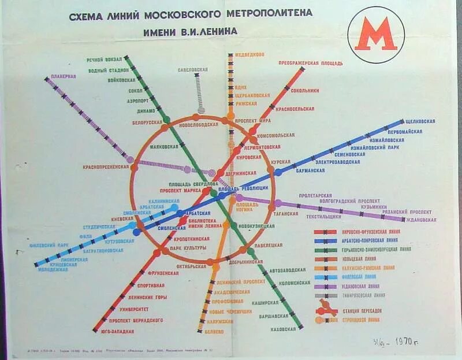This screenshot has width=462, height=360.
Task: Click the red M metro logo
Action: tap(375, 34)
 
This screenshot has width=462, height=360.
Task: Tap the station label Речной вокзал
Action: tap(105, 60)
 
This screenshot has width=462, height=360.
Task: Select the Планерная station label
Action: tap(64, 76)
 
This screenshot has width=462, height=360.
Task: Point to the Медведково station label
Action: tap(249, 54)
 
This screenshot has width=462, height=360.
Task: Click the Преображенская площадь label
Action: tap(311, 63)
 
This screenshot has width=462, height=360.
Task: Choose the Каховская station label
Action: tap(283, 329)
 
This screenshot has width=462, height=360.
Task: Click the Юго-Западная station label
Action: tap(121, 332)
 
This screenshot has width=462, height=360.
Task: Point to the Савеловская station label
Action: tap(193, 70)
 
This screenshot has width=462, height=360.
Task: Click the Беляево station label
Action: tap(214, 332)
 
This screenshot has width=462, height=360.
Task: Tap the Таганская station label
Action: tap(286, 213)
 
